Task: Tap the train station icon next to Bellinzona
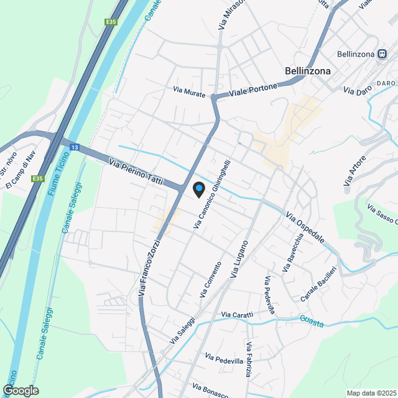point(379,54)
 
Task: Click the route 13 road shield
point(74,147)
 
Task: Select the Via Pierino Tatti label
point(136,172)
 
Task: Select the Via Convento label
point(211,278)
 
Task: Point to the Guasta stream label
point(312,320)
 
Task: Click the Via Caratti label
point(237,315)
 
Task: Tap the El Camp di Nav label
point(21,170)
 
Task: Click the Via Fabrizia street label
point(248,360)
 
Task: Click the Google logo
point(21,390)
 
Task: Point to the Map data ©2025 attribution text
point(371,393)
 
